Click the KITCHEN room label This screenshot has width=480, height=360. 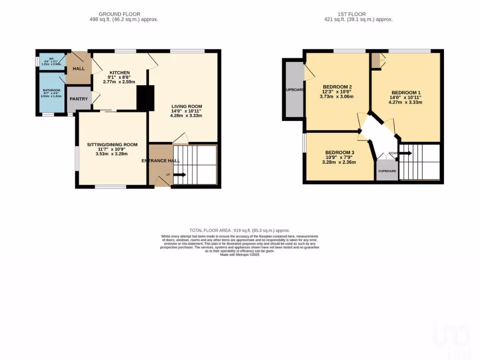(119, 73)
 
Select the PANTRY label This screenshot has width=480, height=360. (78, 99)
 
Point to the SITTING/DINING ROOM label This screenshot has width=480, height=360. (112, 144)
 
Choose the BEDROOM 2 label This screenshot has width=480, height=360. (337, 87)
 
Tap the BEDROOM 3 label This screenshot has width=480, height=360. (340, 153)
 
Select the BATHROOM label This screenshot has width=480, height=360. (52, 90)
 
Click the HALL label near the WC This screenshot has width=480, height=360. (78, 69)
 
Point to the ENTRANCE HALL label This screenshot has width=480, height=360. (161, 161)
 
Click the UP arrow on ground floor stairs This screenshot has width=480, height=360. (180, 175)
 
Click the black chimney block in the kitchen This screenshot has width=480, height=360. (145, 98)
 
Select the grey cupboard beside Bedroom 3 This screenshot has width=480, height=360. (387, 171)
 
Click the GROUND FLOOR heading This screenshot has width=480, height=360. (119, 14)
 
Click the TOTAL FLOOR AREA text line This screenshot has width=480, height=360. (240, 231)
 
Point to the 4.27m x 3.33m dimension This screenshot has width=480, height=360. (406, 102)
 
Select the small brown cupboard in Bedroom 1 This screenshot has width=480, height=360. (375, 60)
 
